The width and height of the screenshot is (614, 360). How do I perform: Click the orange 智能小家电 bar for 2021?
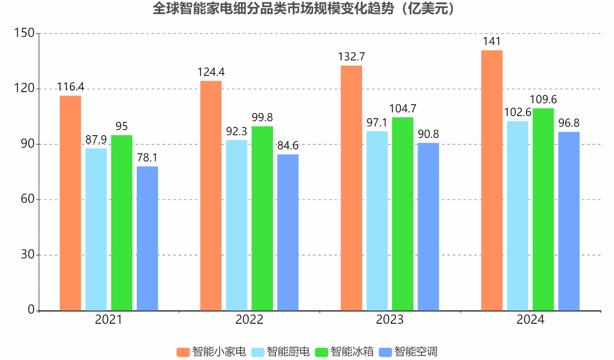coord(71,203)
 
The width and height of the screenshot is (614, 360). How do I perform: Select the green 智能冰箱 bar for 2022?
coord(262,218)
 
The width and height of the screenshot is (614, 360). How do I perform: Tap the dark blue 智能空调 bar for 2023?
coord(428,227)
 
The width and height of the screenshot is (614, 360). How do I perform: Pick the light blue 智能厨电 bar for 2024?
coord(517,216)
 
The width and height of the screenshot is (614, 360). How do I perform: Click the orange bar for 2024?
coord(492,180)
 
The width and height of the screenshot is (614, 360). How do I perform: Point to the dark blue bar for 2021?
coord(147,239)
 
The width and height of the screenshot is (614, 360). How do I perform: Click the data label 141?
coord(491,42)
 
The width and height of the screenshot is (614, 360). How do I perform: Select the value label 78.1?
coord(147,158)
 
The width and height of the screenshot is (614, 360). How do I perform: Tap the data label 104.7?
coord(403,109)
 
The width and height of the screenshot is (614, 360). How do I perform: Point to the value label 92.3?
coord(237,131)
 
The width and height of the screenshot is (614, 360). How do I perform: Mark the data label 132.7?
coord(351,57)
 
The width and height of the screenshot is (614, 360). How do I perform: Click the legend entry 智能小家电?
coord(211,352)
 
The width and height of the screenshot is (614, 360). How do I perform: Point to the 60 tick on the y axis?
coord(28,199)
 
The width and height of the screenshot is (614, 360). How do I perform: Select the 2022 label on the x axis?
coord(249,320)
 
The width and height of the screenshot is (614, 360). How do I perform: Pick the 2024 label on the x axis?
coord(530,320)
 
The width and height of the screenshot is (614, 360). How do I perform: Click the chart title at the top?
coord(307,9)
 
